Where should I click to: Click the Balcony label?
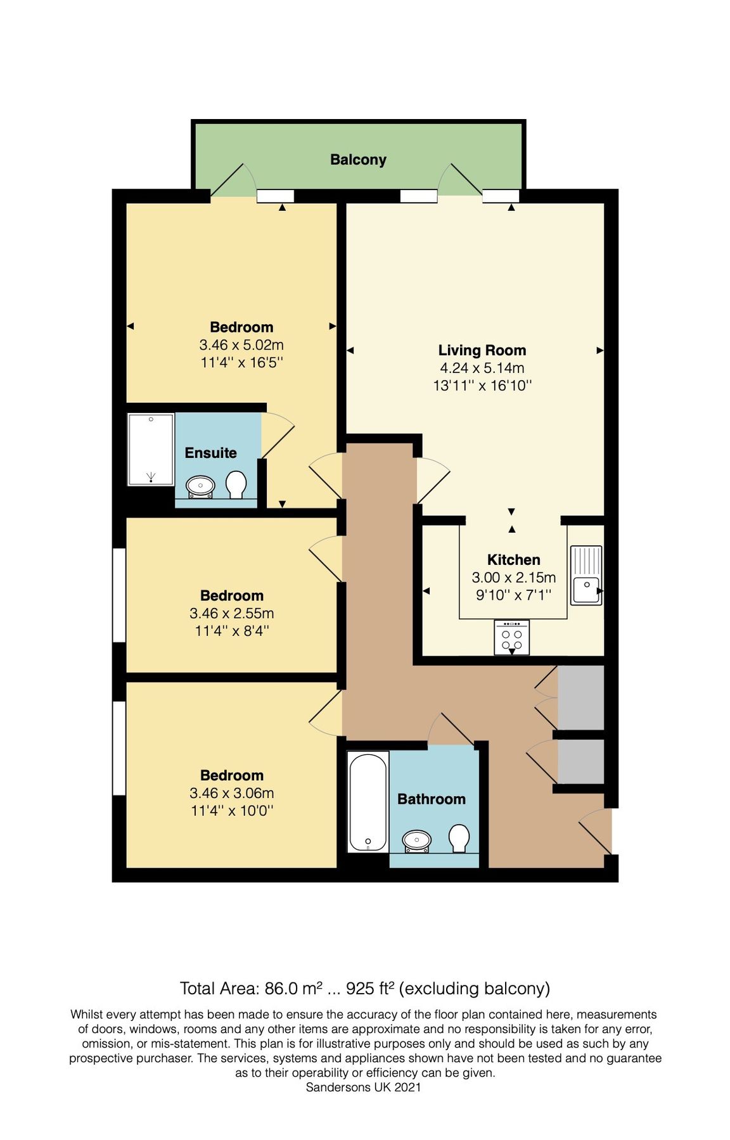coord(358,160)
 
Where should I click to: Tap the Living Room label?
coord(482,350)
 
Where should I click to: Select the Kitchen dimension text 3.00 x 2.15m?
coord(513,578)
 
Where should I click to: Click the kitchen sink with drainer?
coord(586,575)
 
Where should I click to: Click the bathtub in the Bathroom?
coord(368,801)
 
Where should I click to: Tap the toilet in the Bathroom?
coord(459,838)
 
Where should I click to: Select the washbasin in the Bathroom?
coord(417,840)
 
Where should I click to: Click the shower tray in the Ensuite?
coord(151,449)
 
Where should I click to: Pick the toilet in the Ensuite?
coord(236,484)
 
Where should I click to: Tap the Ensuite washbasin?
coord(201,486)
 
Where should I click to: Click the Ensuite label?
coord(210,453)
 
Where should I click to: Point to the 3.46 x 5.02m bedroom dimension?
coord(241,345)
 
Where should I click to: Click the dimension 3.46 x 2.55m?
coord(232,613)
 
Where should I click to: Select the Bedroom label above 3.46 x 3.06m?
coord(232,775)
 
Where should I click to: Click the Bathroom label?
coord(431,799)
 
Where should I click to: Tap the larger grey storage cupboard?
coord(580,697)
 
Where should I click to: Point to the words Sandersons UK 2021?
coord(363,1087)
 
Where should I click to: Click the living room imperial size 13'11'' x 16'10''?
coord(482,386)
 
